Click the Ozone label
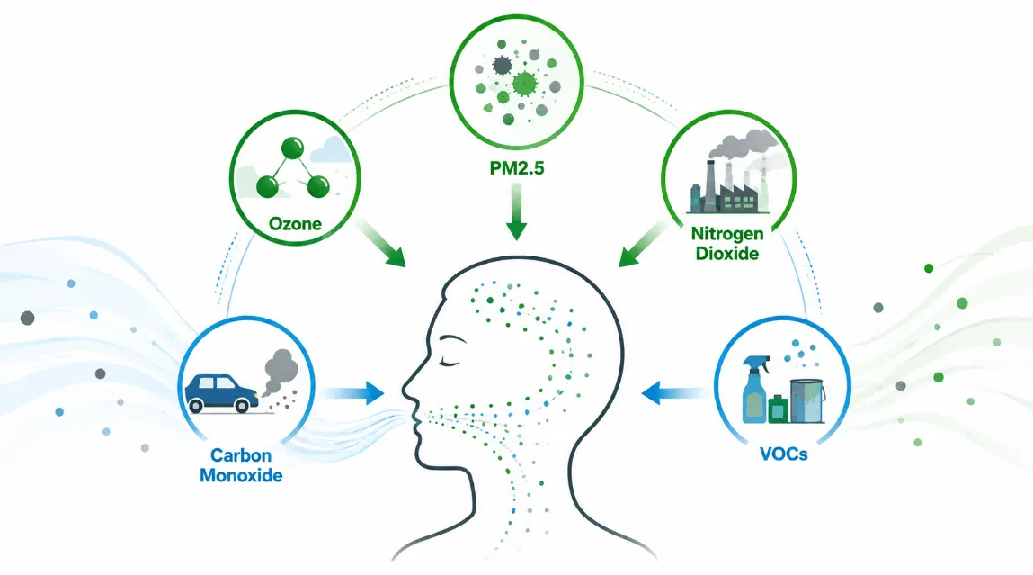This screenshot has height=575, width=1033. click(295, 224)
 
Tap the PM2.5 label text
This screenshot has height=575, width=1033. click(517, 169)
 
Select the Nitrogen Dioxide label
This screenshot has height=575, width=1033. click(727, 243)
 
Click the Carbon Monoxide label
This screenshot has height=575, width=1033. click(241, 465)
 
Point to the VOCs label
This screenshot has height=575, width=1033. click(783, 454)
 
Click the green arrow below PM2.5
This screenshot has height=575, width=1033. click(516, 211)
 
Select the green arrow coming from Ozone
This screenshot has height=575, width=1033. click(381, 244)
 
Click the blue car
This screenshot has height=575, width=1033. click(220, 393)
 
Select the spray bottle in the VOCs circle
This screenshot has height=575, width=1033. click(755, 389)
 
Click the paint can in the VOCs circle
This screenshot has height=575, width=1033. click(807, 401)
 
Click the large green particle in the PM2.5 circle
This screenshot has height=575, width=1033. click(524, 84)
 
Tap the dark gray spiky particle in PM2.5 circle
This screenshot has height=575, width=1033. click(502, 66)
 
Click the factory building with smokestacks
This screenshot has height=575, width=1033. click(728, 188)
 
